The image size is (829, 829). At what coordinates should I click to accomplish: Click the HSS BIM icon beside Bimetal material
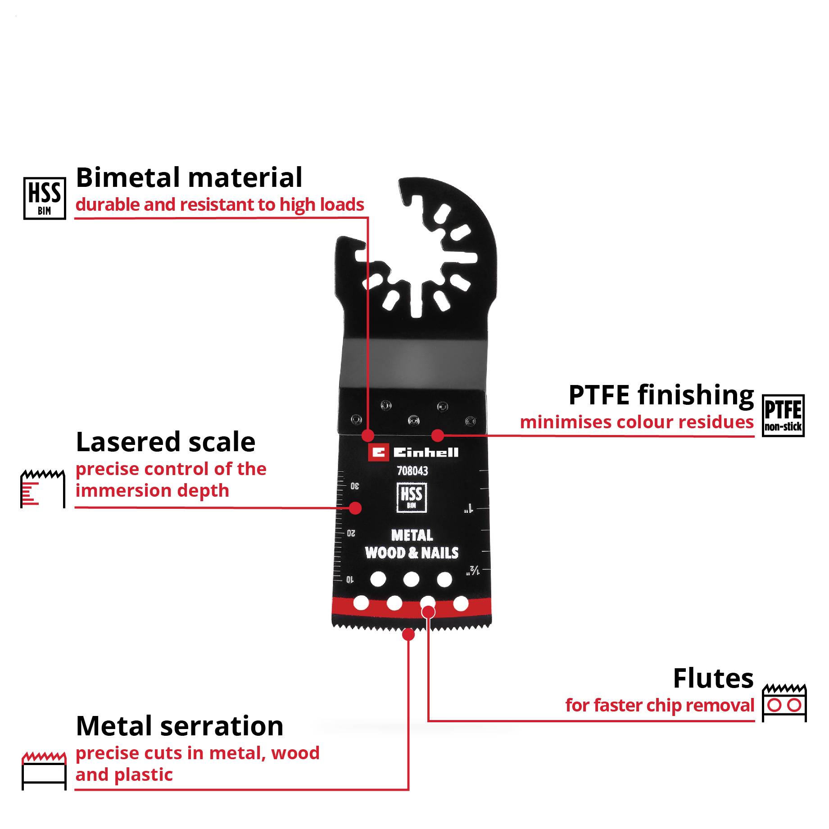[x=45, y=198]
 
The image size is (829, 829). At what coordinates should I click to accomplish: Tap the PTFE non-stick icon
[x=783, y=416]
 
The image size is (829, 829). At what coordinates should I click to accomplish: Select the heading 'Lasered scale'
[x=165, y=442]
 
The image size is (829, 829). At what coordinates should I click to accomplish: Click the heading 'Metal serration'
[x=180, y=726]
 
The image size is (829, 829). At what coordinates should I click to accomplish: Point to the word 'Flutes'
[x=713, y=679]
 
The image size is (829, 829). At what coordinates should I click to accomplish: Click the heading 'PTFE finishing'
[x=661, y=395]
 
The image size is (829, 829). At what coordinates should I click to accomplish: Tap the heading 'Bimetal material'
[x=189, y=177]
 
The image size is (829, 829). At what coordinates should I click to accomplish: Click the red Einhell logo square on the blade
[x=378, y=453]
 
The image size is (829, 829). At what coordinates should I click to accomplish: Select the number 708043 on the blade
[x=412, y=471]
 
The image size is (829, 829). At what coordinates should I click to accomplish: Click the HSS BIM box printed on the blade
[x=412, y=497]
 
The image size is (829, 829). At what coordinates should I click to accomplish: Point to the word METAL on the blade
[x=412, y=535]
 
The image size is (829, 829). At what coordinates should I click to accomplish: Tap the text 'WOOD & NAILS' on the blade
[x=412, y=553]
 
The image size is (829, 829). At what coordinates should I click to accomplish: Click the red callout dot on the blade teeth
[x=408, y=634]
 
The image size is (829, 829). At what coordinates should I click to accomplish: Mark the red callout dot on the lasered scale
[x=355, y=508]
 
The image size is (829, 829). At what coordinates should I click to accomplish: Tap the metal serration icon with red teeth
[x=44, y=770]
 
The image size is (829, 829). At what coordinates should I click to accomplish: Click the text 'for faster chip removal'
[x=659, y=706]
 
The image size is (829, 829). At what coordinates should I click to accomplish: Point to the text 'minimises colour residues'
[x=636, y=422]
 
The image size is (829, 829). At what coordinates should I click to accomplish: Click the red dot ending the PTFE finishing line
[x=437, y=435]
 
